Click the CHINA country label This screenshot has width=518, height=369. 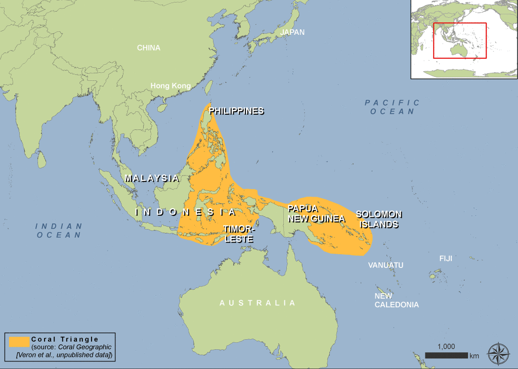[149, 48]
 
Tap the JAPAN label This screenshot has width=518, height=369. [292, 32]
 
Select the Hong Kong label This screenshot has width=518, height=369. [170, 86]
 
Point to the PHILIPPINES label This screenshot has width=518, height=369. [236, 111]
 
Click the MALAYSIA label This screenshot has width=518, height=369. [152, 178]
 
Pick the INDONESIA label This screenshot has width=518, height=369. [186, 212]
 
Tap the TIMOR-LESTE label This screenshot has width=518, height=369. [238, 234]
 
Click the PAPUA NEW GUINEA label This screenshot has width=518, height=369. [316, 213]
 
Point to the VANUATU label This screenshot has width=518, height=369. [385, 265]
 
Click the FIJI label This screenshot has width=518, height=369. [446, 258]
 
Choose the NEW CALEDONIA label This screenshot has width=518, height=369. [396, 300]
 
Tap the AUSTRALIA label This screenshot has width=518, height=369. [257, 303]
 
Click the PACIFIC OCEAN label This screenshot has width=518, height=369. [393, 107]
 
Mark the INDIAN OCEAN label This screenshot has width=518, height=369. [59, 230]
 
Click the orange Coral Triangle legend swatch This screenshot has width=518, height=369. [19, 342]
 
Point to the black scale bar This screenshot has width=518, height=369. [446, 355]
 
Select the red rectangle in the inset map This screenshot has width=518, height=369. [459, 40]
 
